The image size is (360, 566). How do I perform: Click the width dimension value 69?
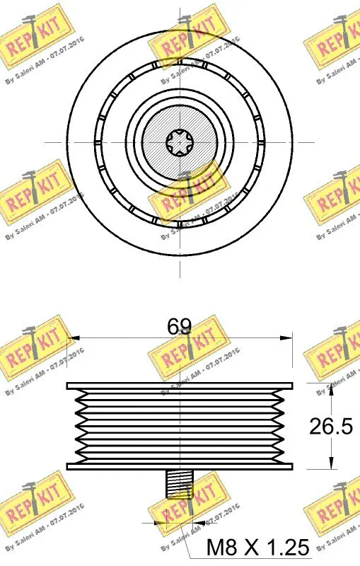point(179,327)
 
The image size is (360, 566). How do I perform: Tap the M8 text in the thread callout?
point(221,546)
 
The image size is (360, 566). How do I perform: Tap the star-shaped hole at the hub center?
point(180,142)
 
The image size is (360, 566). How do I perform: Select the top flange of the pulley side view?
point(180,386)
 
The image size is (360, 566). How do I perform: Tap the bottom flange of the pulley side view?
point(180,466)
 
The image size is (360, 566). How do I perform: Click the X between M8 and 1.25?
point(252,546)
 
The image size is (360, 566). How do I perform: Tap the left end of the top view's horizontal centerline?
point(47,142)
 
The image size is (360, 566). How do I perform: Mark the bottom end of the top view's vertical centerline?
point(180,277)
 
